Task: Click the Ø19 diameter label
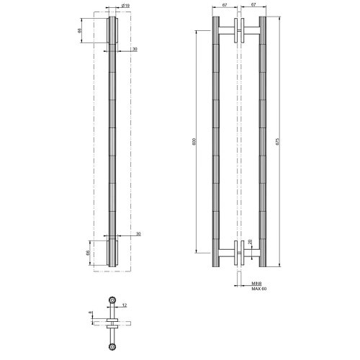pos(126,6)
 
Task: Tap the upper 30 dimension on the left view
pos(135,50)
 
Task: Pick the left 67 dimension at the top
pos(225,6)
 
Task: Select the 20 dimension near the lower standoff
pos(250,243)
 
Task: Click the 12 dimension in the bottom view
pos(125,305)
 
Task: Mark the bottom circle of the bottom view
pos(112,347)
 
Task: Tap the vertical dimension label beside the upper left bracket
pos(80,30)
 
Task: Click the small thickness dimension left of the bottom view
pos(90,313)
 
